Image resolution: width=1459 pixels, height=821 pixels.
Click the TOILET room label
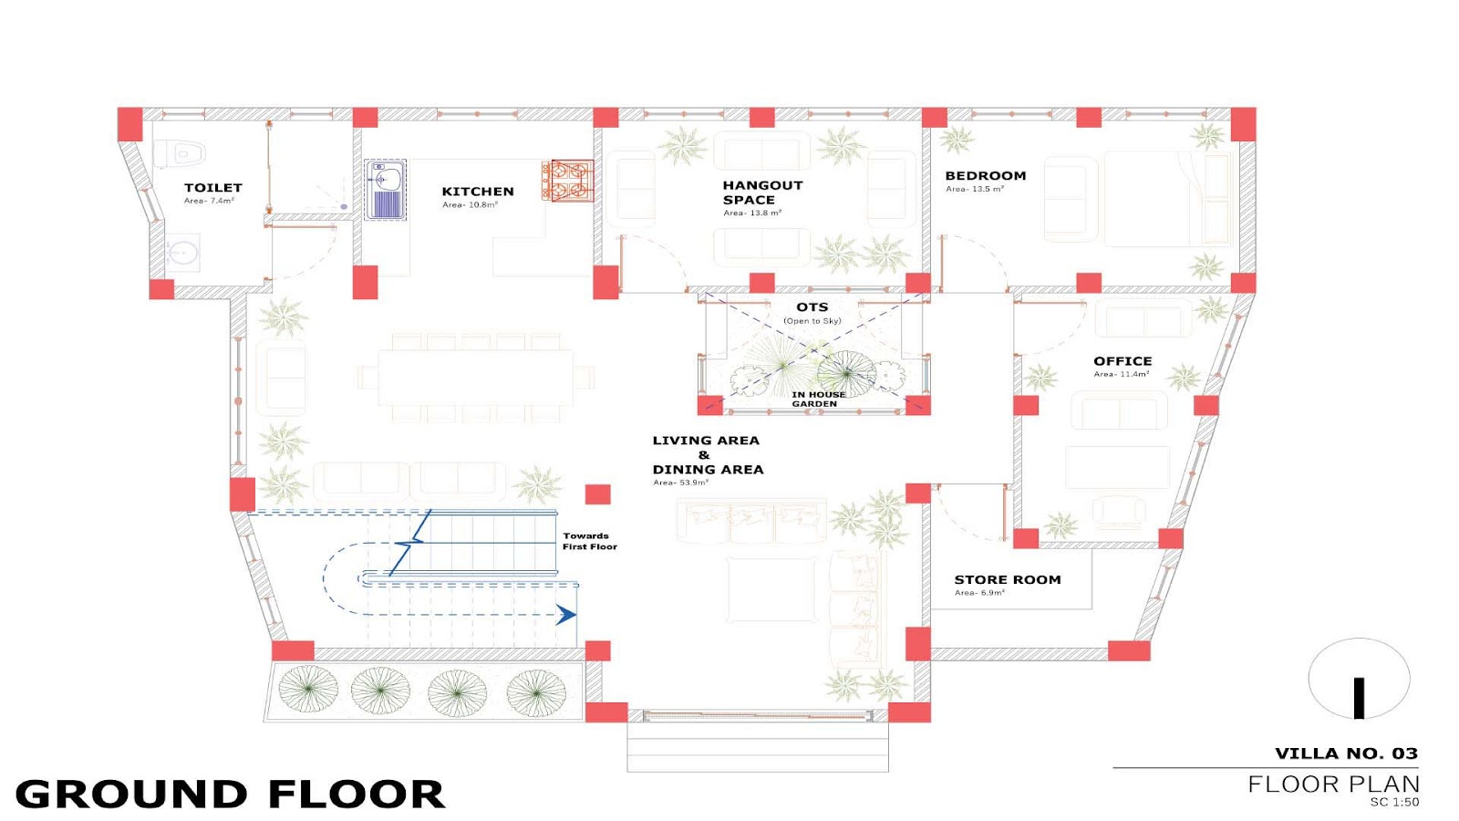point(213,188)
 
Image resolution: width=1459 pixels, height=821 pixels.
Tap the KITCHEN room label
point(478,192)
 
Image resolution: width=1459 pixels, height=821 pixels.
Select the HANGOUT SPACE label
point(762,192)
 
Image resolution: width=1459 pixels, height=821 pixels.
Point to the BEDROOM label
point(986,175)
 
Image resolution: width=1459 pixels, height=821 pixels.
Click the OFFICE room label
point(1123,361)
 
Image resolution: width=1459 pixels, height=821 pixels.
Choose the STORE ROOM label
point(1008,579)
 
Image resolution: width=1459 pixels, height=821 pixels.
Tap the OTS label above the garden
point(812,307)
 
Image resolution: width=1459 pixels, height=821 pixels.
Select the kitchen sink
point(385,190)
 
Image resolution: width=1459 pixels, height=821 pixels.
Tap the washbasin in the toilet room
point(181,252)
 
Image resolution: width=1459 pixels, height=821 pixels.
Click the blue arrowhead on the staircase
point(565,615)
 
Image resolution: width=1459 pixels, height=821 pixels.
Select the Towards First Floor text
point(589,542)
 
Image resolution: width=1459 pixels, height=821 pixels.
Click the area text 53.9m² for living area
point(680,483)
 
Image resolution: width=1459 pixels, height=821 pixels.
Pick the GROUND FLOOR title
point(229,794)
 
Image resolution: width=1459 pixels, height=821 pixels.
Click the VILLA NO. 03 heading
point(1346,753)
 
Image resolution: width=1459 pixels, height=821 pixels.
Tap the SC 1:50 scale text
point(1394,802)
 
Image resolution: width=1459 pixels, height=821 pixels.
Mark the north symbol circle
point(1359,679)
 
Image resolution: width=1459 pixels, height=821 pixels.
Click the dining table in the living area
point(475,378)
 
